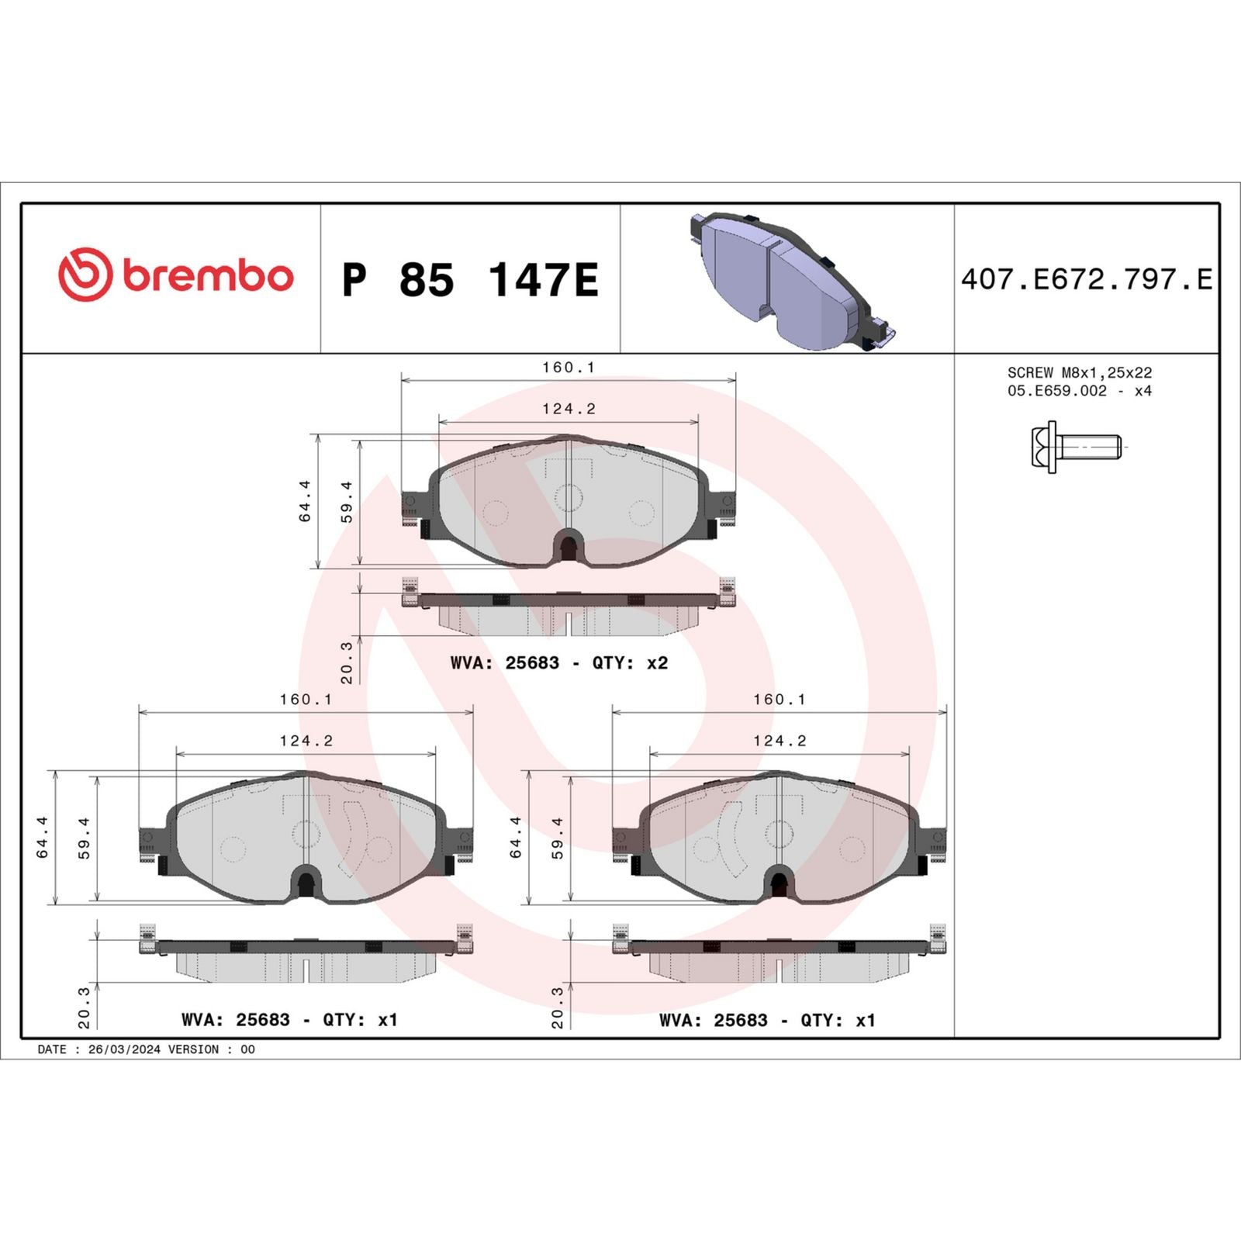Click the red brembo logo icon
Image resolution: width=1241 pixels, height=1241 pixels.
(x=85, y=275)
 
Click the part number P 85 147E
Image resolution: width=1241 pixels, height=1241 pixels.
(x=470, y=280)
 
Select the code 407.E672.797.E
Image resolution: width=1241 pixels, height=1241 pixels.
(x=1086, y=279)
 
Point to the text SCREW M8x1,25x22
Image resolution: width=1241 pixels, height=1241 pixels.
(x=1079, y=373)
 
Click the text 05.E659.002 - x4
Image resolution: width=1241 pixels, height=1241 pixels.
(x=1079, y=391)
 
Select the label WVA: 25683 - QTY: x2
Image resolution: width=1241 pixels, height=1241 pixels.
(x=558, y=663)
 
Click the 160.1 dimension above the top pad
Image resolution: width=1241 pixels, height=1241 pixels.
(x=568, y=368)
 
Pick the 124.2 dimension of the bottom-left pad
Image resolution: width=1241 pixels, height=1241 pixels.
(x=306, y=741)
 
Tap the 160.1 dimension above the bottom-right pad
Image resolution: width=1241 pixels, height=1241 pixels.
(x=779, y=700)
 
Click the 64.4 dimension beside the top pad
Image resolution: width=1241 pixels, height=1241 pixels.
(x=305, y=501)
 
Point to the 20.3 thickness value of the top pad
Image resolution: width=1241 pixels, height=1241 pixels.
(x=347, y=662)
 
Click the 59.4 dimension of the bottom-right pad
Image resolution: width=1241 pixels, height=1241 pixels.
(x=557, y=838)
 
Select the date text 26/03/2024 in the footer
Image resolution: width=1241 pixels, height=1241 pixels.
(x=124, y=1049)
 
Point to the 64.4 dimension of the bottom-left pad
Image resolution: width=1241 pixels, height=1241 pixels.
(x=43, y=838)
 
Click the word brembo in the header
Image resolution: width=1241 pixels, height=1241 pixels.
(x=208, y=277)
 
